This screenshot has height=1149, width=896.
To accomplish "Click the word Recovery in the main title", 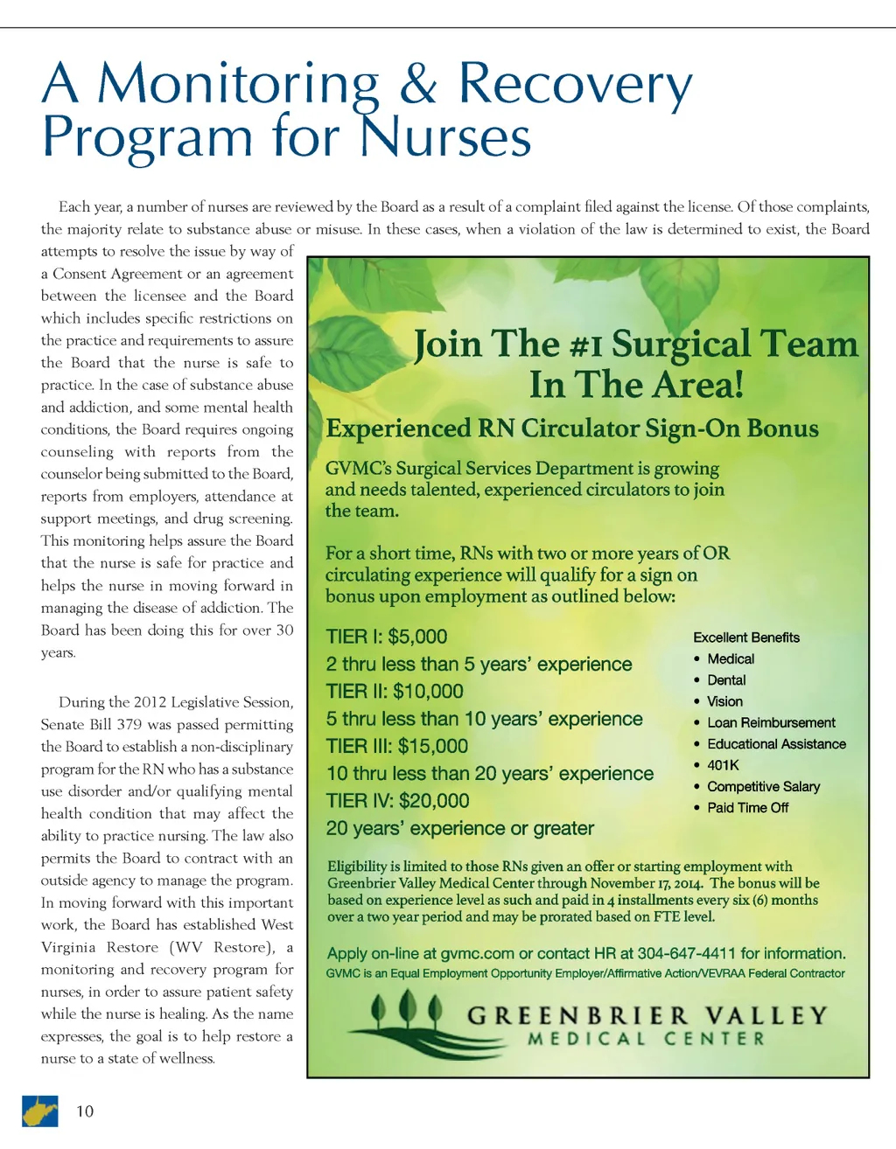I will (575, 84).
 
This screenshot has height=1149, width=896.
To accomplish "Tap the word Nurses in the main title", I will (445, 138).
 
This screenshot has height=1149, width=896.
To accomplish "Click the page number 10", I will (85, 1111).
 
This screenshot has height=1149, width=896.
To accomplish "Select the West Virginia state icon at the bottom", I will (39, 1111).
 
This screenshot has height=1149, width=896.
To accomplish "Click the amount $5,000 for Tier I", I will (417, 637).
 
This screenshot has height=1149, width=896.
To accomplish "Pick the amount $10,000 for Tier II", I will (428, 692).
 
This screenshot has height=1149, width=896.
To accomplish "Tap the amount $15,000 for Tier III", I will (432, 746).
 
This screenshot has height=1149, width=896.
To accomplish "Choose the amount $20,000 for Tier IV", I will (434, 801).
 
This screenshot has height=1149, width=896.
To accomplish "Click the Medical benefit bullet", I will (731, 659).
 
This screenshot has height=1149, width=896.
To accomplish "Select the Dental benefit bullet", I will (726, 680).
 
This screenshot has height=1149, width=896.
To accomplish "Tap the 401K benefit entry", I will (723, 765).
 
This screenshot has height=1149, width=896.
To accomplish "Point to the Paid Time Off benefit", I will (747, 808).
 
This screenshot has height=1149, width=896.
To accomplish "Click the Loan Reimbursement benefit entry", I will (771, 723).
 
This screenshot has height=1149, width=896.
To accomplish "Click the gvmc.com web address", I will (478, 954).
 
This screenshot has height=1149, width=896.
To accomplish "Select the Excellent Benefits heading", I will (746, 637).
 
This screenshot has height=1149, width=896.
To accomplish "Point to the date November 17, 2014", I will (646, 883).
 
